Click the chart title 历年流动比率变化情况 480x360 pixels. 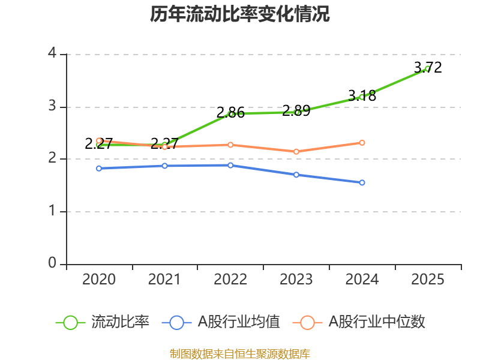[x=240, y=14]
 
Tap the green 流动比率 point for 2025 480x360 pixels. [x=428, y=69]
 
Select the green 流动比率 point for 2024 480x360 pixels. [x=362, y=97]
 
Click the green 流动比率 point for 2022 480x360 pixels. [x=230, y=113]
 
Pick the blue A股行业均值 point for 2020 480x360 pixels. [x=99, y=169]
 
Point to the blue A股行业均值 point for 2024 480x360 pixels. [x=362, y=182]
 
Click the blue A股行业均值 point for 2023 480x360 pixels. [x=296, y=175]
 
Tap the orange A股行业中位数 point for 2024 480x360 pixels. [x=362, y=143]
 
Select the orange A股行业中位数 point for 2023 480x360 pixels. [x=296, y=152]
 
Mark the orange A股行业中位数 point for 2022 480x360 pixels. [x=230, y=145]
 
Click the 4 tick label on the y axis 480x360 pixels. [x=52, y=53]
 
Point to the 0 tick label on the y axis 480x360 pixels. [x=52, y=263]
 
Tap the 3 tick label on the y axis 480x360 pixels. [x=52, y=106]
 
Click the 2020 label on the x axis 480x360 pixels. [x=99, y=280]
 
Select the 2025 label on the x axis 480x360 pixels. [x=428, y=280]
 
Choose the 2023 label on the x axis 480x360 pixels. [x=296, y=280]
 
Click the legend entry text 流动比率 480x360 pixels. [x=120, y=322]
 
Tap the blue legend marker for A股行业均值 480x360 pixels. [x=176, y=322]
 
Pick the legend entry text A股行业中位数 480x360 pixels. [x=376, y=322]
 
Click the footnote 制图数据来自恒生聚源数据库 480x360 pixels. [x=240, y=353]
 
